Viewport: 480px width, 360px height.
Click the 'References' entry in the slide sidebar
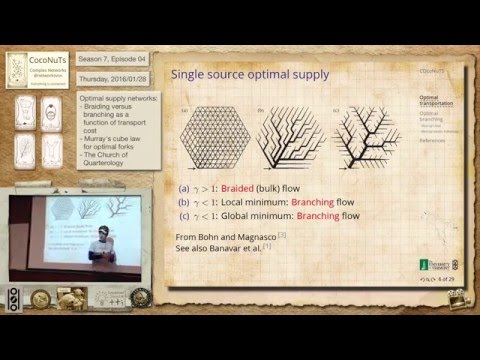point(434,141)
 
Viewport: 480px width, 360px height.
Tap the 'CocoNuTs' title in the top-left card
point(37,64)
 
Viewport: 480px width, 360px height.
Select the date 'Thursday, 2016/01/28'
point(114,80)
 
